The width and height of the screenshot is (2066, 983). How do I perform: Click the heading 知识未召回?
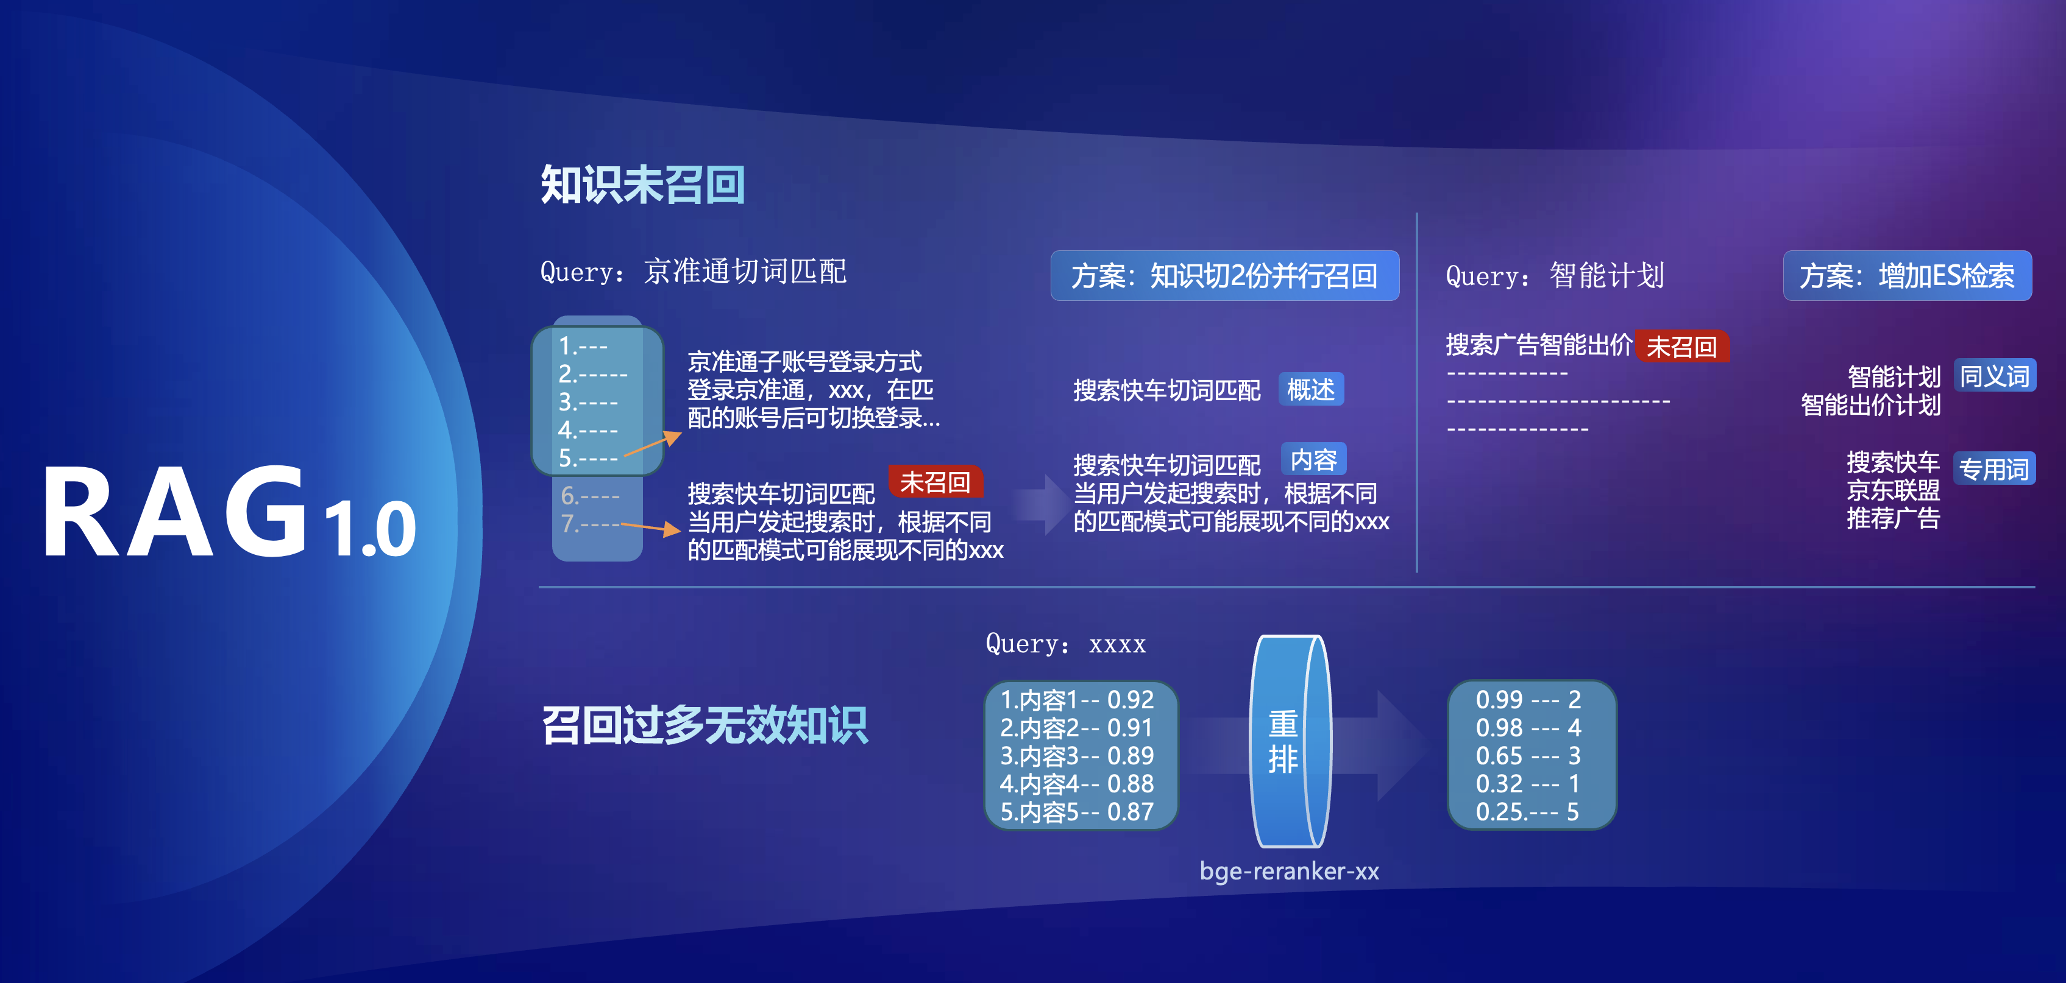point(642,185)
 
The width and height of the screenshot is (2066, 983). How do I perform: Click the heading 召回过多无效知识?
point(704,725)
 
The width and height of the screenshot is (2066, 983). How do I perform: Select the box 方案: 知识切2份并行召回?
point(1225,276)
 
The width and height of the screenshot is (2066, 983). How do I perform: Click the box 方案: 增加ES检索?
point(1907,276)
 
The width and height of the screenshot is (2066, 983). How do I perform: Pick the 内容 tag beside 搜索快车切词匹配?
point(1314,459)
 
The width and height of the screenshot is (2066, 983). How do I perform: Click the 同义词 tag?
point(1995,375)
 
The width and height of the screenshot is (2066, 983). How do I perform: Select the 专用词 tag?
point(1995,468)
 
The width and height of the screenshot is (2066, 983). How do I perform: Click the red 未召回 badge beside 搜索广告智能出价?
point(1682,347)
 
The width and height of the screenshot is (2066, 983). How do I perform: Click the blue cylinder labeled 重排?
point(1290,741)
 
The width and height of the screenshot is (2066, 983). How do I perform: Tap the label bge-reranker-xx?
point(1290,871)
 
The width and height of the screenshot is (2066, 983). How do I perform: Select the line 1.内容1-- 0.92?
point(1076,700)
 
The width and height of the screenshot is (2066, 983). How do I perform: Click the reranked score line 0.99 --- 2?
point(1528,700)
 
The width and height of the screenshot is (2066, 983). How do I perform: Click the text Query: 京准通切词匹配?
point(693,272)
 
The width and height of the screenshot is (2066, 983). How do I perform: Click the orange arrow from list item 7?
point(650,527)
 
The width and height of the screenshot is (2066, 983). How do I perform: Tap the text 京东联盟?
point(1893,490)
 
